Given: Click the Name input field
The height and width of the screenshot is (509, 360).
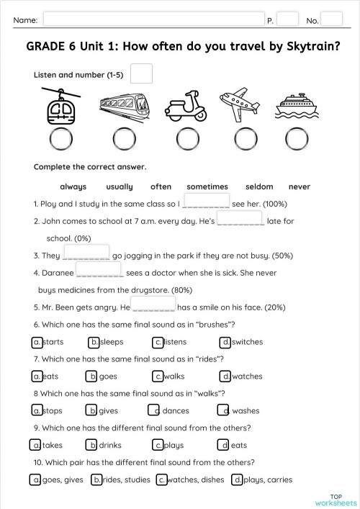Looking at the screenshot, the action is click(151, 19).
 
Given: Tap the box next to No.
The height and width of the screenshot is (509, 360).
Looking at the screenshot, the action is click(331, 19).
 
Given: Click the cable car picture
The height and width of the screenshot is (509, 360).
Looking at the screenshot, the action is click(60, 106).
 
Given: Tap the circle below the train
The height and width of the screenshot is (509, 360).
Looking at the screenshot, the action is click(124, 138).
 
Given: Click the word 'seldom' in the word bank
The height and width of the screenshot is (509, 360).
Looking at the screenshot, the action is click(259, 186).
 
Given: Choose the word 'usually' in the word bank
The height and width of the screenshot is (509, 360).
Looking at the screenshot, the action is click(119, 186).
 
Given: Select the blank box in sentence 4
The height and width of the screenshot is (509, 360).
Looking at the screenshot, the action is click(99, 270).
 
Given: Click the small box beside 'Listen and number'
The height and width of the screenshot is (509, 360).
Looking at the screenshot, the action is click(142, 73).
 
